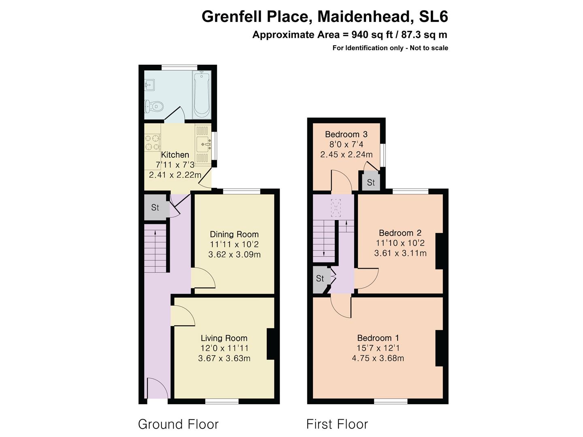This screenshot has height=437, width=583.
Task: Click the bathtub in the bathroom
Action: pos(202,95)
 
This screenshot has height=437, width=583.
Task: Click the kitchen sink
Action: pos(203,144)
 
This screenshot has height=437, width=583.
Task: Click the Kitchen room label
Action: pos(175,155)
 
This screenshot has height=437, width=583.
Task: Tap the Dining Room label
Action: pos(234,234)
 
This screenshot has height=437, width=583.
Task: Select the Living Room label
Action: pos(224,338)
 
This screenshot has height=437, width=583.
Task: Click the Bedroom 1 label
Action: pos(378,338)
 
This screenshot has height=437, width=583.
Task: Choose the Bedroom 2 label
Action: pos(400,233)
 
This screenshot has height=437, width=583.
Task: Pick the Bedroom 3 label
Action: pos(346,134)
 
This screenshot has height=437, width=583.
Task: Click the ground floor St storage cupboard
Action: pos(155,208)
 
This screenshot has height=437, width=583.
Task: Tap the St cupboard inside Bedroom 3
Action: pos(370,182)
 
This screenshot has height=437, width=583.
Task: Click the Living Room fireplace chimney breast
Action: pos(270,344)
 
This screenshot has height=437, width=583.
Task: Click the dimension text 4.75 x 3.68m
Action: pos(378,358)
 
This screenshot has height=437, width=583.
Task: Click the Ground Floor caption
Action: pos(178,424)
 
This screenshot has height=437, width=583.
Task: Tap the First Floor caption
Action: pos(337,424)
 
